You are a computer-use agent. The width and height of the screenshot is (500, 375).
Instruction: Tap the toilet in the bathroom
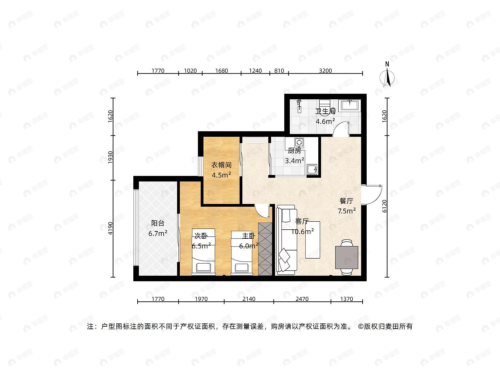[x=324, y=107]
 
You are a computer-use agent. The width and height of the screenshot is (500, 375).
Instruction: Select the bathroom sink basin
[x=349, y=105]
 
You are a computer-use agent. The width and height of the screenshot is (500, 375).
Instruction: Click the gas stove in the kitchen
[x=299, y=143]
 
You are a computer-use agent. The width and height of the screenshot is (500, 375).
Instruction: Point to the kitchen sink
[x=312, y=169]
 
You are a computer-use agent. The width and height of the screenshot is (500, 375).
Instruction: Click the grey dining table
[x=346, y=257]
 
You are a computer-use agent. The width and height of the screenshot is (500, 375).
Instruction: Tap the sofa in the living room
[x=287, y=240]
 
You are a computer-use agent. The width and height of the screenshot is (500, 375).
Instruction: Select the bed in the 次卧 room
[x=203, y=252]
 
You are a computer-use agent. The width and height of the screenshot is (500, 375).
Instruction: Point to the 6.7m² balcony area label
[x=158, y=233]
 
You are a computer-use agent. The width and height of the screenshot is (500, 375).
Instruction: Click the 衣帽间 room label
[x=221, y=165]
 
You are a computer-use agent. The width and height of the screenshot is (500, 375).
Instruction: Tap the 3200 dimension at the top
[x=325, y=71]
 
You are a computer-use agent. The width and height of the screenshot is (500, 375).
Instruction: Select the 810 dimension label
[x=279, y=71]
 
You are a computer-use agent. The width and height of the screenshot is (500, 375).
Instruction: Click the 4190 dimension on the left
[x=110, y=228]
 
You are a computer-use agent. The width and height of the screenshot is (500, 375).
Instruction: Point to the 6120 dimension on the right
[x=384, y=206]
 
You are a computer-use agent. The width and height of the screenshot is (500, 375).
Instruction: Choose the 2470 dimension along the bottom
[x=302, y=299]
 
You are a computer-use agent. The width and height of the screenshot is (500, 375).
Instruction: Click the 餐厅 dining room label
[x=346, y=201]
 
